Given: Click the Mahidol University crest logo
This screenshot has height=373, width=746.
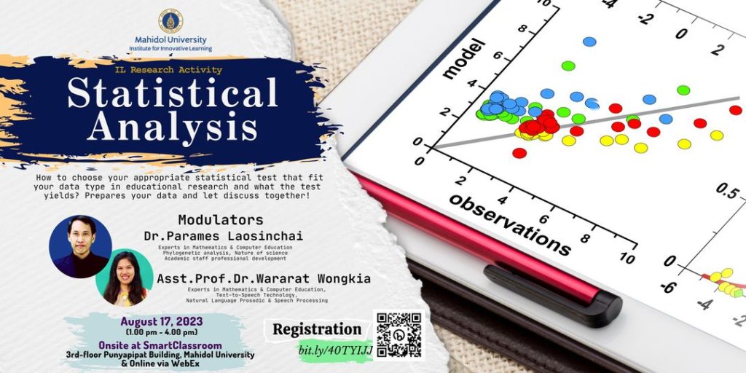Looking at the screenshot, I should tap(171, 20).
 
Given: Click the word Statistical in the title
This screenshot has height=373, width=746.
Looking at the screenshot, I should tap(173, 94).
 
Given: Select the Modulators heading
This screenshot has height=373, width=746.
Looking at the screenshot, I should tap(220, 219).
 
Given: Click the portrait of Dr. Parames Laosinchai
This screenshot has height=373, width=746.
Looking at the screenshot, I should tap(80, 246).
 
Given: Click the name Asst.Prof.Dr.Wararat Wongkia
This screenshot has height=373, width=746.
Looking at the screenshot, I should tap(264, 278).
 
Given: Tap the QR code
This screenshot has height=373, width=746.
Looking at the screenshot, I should tap(398, 334).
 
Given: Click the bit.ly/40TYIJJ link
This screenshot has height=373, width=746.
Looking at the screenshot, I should tap(336, 350).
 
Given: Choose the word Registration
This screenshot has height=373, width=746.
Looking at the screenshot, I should tap(317, 329).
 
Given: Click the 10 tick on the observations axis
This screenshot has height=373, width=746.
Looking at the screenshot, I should tap(626, 257).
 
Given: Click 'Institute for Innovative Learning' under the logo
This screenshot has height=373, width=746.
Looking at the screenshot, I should tap(170, 48).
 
